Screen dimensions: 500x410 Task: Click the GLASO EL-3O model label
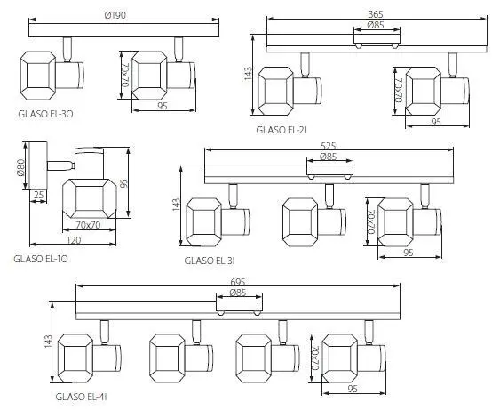[x=45, y=114]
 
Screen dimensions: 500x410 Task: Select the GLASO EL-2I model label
[x=282, y=130]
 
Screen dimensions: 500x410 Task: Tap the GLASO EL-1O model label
[x=41, y=259]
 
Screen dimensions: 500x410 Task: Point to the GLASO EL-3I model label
[x=210, y=261]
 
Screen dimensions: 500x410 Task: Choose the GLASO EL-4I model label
[x=81, y=397]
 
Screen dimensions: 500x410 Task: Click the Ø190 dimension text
[x=115, y=15]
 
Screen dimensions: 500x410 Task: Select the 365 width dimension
[x=376, y=14]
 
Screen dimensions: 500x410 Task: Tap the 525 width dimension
[x=329, y=146]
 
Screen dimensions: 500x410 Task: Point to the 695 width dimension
[x=237, y=282]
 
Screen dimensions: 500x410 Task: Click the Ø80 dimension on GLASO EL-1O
[x=20, y=167]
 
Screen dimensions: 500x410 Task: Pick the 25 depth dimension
[x=38, y=195]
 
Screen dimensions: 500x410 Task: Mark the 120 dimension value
[x=74, y=240]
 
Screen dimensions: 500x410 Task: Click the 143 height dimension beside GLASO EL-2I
[x=248, y=74]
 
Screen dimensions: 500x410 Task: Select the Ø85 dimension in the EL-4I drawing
[x=237, y=293]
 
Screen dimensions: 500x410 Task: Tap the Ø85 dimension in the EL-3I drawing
[x=328, y=157]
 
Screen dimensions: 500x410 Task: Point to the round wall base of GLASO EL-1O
[x=38, y=165]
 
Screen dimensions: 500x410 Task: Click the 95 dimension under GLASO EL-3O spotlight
[x=163, y=106]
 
